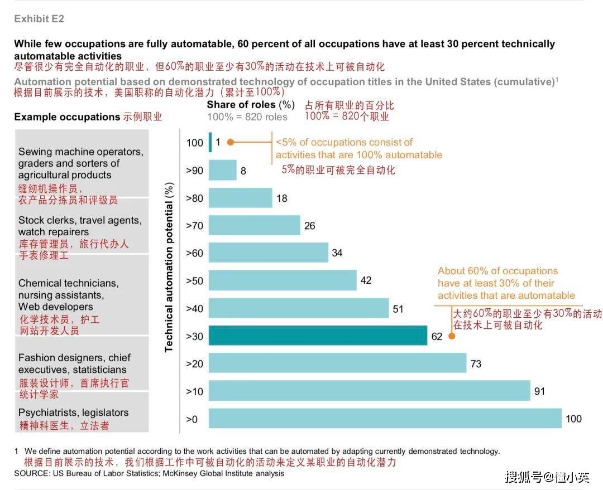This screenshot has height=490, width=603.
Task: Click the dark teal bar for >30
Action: [x=318, y=336]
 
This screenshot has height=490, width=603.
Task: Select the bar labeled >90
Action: [x=222, y=170]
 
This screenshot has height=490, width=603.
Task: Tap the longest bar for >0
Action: [x=385, y=419]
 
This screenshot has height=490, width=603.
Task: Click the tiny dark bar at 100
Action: [x=210, y=142]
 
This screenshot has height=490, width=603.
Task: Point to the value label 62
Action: [x=437, y=336]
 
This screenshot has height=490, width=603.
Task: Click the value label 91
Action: [x=539, y=391]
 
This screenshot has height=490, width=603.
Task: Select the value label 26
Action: [x=309, y=226]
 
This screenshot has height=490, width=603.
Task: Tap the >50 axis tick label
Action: [x=194, y=280]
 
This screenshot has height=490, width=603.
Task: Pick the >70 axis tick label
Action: [x=194, y=226]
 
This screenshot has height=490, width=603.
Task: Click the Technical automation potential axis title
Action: [x=169, y=267]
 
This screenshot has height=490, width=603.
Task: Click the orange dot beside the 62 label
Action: [x=451, y=336]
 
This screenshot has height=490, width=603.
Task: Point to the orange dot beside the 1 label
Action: [x=231, y=142]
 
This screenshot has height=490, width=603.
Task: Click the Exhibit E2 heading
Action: [x=39, y=19]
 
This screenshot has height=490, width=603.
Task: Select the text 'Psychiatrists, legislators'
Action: [x=73, y=413]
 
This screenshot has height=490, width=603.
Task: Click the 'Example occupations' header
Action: [x=67, y=117]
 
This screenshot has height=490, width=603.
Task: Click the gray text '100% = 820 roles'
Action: [x=247, y=117]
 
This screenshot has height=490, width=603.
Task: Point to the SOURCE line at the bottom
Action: [x=149, y=473]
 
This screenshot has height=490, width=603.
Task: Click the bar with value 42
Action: [x=283, y=280]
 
